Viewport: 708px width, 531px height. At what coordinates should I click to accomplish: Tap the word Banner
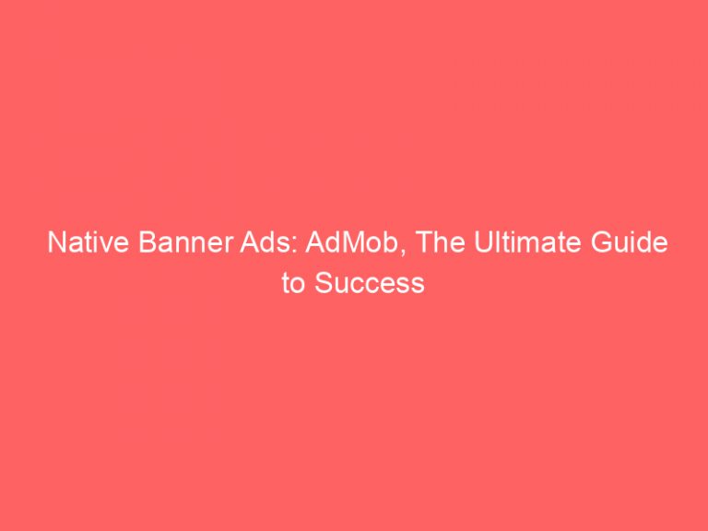167,245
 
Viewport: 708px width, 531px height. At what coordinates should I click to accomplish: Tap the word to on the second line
294,283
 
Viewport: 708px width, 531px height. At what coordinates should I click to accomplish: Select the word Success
371,283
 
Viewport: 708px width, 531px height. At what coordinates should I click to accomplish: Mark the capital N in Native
54,245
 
